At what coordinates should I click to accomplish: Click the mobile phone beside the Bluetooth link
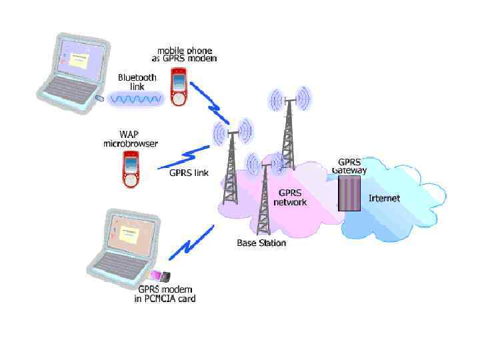[x=178, y=88]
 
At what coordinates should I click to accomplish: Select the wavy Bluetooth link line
[x=136, y=99]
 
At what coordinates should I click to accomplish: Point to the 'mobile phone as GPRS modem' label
[x=184, y=54]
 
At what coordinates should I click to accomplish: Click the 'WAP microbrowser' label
[x=129, y=139]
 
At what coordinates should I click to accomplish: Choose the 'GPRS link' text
[x=189, y=173]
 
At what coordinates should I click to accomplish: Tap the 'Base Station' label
[x=261, y=243]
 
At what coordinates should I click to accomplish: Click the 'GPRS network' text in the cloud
[x=292, y=197]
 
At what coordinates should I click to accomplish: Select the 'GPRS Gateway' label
[x=349, y=166]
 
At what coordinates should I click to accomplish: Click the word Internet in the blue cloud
[x=385, y=198]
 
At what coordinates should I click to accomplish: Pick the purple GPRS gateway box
[x=349, y=193]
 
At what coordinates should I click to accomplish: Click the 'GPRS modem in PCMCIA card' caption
[x=167, y=294]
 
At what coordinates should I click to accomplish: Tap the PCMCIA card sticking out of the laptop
[x=160, y=275]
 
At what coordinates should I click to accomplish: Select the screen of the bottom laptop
[x=129, y=234]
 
